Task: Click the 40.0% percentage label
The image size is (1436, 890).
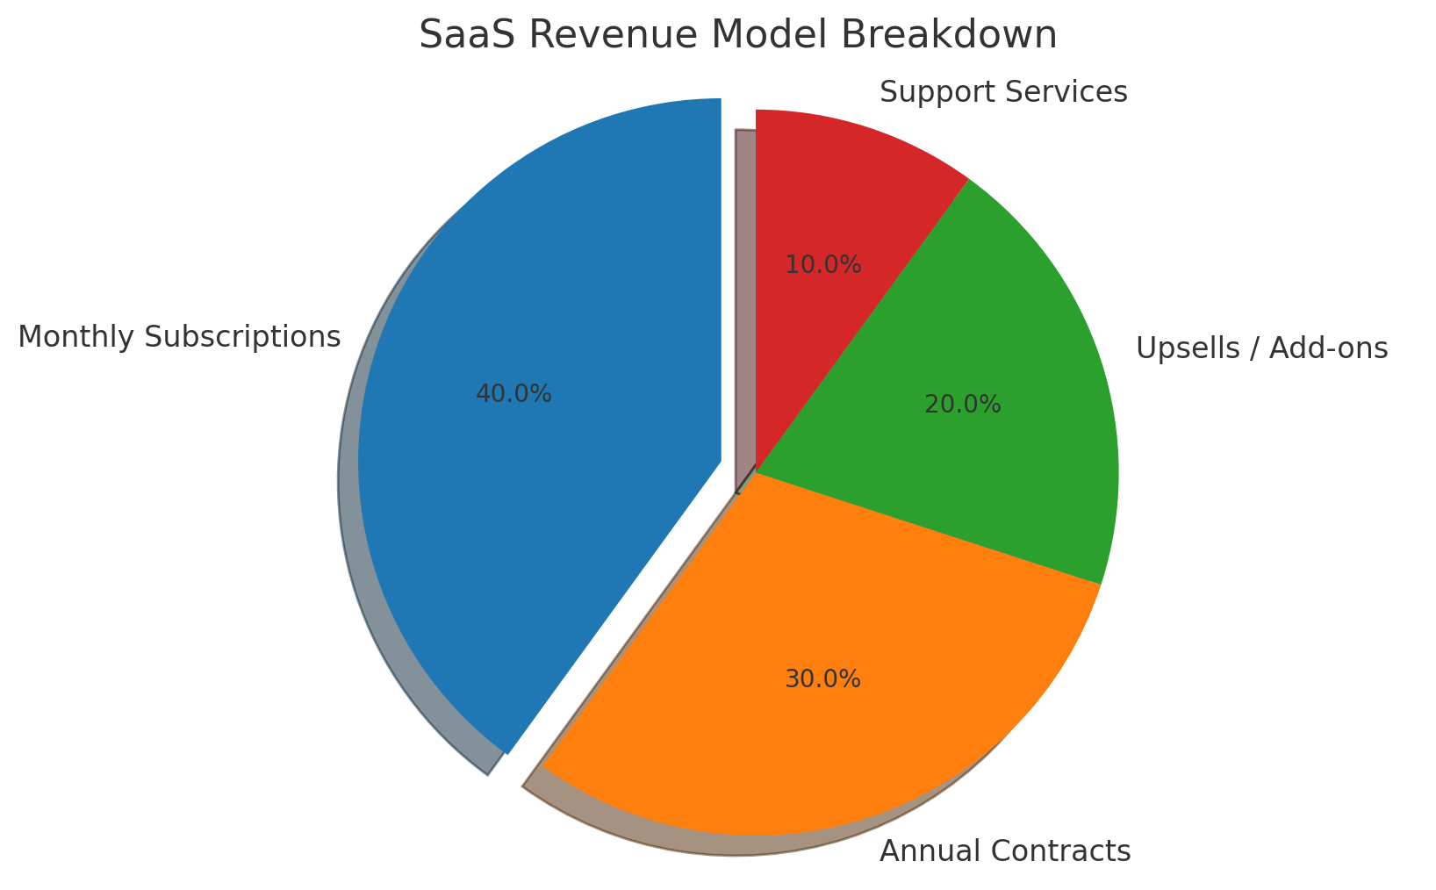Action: point(513,394)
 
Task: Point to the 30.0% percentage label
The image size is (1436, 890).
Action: point(822,678)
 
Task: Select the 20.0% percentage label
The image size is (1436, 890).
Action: point(962,405)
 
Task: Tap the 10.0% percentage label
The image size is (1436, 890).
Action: point(822,264)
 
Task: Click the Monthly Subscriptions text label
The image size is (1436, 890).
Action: point(179,337)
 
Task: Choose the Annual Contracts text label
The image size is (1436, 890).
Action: point(1005,851)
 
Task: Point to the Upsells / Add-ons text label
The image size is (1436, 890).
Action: point(1261,348)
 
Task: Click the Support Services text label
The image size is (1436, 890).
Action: point(1003,91)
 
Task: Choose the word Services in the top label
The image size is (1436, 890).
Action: point(1071,91)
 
